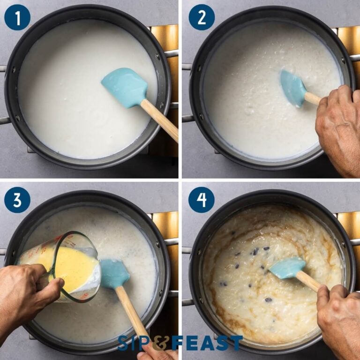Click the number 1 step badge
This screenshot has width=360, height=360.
[17, 17]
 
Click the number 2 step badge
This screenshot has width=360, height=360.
[202, 17]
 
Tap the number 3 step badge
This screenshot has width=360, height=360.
[17, 200]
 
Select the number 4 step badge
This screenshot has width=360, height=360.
[202, 200]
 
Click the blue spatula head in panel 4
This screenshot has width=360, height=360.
[286, 268]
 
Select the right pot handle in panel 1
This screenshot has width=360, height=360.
[171, 53]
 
